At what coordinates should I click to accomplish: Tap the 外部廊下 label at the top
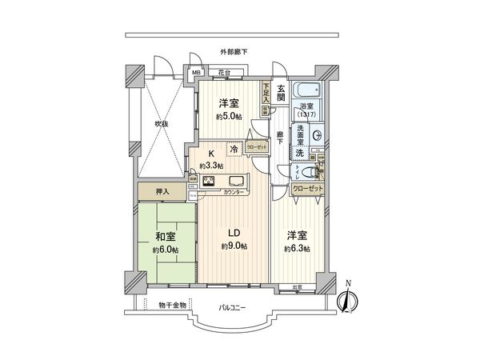(x=234, y=52)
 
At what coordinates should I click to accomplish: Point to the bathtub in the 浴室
(x=306, y=89)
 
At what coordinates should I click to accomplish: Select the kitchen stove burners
(x=210, y=181)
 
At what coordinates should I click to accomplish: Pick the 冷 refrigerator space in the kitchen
(x=234, y=150)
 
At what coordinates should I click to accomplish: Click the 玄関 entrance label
(x=282, y=93)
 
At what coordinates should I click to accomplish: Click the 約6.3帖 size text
(x=297, y=249)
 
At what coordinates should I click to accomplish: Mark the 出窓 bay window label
(x=297, y=287)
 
